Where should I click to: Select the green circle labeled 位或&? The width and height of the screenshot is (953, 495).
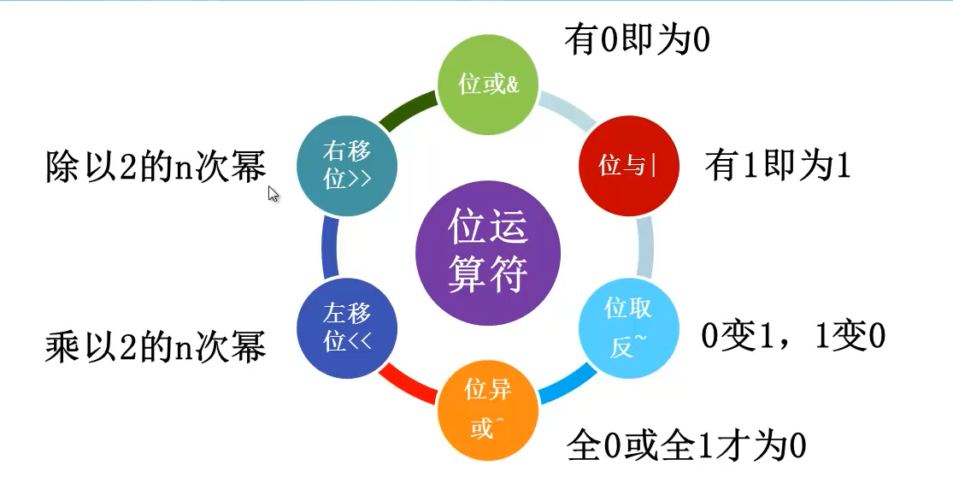tap(488, 85)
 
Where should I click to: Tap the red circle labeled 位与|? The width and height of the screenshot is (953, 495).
tap(629, 166)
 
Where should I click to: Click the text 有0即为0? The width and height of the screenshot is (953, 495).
tap(638, 39)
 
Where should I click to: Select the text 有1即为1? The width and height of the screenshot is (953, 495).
tap(778, 166)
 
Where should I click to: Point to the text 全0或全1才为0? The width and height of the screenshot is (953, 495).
tap(687, 446)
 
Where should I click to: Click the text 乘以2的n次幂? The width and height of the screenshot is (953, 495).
tap(156, 347)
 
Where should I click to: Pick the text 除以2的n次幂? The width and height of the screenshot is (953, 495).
tap(156, 167)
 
